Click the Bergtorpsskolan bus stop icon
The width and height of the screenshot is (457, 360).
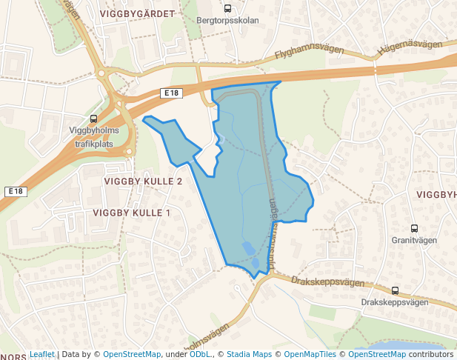tap(227, 10)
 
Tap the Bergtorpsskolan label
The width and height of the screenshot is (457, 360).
tap(229, 21)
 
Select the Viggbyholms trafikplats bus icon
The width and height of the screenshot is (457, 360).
tap(94, 119)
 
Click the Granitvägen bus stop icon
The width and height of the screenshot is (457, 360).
tap(415, 229)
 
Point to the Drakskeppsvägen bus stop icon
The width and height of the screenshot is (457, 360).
tap(395, 291)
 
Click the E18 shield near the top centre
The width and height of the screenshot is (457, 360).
tap(171, 93)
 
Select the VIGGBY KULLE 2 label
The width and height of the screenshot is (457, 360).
tap(144, 181)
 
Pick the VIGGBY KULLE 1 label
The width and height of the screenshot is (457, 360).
tap(132, 213)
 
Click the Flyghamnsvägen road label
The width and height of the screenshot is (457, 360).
tap(309, 53)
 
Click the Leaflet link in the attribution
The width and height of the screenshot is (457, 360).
tap(42, 354)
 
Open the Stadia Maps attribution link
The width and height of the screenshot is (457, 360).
tap(249, 354)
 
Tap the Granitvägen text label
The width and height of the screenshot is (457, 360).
tap(415, 241)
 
